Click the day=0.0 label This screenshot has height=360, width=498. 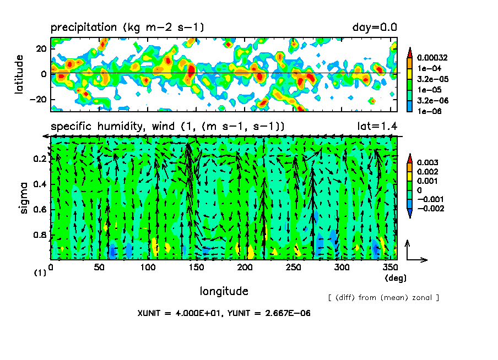pos(375,28)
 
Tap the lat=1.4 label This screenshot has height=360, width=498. pos(377,127)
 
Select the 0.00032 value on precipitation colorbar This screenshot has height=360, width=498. pos(432,58)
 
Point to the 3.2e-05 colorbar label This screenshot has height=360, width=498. pos(432,79)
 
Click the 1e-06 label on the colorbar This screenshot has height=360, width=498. pos(429,111)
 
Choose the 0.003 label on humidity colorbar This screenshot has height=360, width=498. pos(427,162)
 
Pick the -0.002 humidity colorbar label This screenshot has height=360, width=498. pos(430,209)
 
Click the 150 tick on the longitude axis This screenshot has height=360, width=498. pos(196,268)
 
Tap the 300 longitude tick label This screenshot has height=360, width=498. pos(342,268)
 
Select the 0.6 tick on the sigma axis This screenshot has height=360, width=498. pos(40,210)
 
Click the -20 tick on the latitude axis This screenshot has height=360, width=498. pos(38,100)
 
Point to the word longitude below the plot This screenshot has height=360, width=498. pos(224,291)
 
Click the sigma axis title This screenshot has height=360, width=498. pos(24,198)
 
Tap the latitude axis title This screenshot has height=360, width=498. pos(19,74)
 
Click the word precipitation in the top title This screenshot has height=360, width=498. pos(84,28)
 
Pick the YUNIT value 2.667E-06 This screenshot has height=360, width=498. pos(288,313)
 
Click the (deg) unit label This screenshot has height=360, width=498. pos(396,278)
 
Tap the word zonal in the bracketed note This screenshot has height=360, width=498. pos(422,297)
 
